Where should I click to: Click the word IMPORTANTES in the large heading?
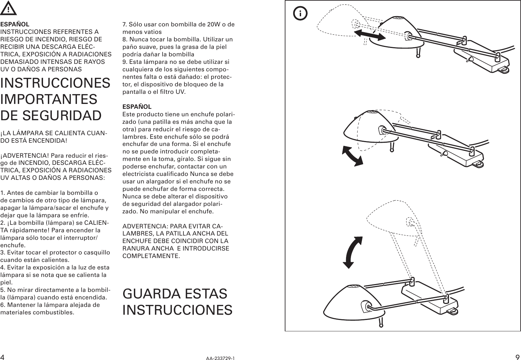49,99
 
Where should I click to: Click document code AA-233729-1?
220,358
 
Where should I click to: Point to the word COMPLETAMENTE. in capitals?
151,256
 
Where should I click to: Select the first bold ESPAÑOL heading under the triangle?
15,24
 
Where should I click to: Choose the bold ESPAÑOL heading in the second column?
137,107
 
